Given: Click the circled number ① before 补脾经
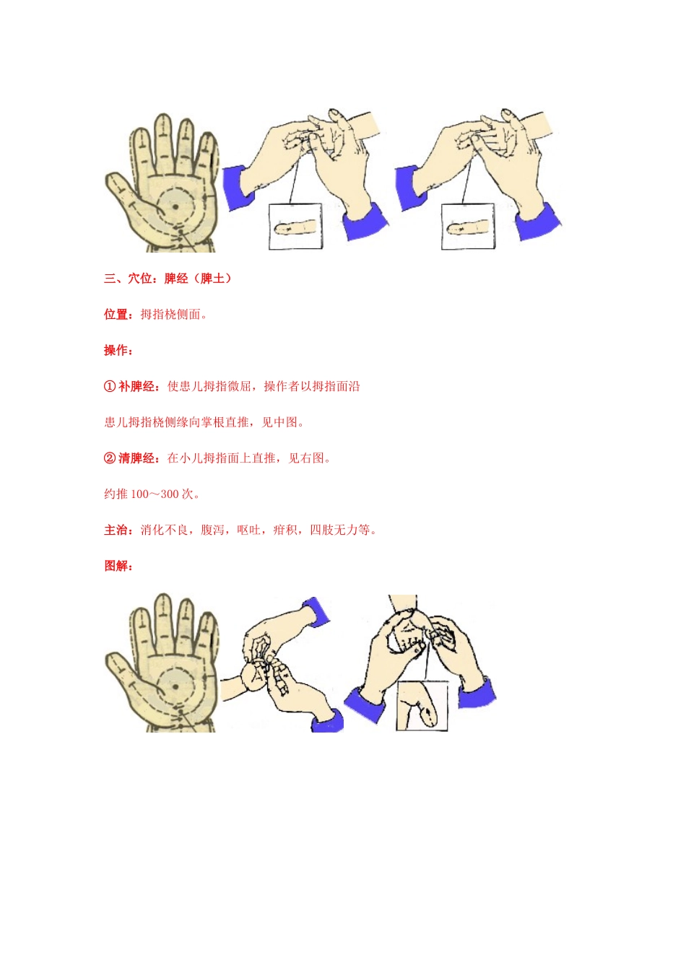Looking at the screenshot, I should (x=110, y=387).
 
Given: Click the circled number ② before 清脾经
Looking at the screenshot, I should (x=110, y=458).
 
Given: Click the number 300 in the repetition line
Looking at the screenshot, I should (x=170, y=494).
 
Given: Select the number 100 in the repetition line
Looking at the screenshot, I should (x=139, y=494).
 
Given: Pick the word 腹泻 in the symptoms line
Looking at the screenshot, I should (x=212, y=530).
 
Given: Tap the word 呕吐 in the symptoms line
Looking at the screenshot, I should (x=248, y=530).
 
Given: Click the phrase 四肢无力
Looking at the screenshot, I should (x=334, y=530).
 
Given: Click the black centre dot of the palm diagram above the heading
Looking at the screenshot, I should (x=175, y=206).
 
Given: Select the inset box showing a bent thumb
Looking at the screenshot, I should (x=422, y=705).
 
